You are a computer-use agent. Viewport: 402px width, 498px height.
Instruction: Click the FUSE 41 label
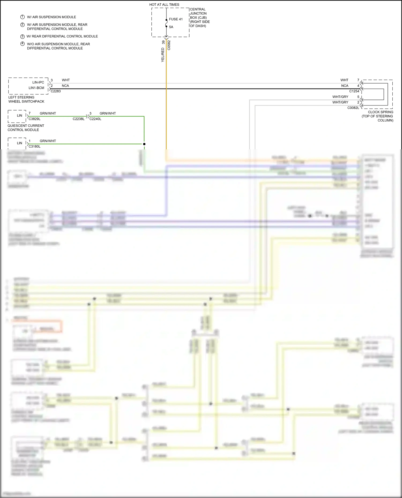pos(176,19)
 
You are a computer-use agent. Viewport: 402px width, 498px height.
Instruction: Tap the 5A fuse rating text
pos(171,27)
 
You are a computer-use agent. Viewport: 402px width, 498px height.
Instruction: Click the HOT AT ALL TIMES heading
pos(164,5)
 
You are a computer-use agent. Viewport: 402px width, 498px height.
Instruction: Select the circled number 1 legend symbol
pos(23,17)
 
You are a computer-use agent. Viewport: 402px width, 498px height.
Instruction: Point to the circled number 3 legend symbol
pos(23,36)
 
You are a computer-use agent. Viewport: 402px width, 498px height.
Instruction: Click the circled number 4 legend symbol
pos(23,44)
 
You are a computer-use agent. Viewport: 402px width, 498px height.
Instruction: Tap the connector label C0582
pos(169,45)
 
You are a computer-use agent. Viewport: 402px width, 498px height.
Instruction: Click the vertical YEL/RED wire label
pos(163,55)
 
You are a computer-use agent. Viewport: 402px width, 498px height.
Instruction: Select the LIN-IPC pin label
pos(38,82)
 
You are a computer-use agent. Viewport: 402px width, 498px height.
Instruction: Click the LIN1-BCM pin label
pos(36,88)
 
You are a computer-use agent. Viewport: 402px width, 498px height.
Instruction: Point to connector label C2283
pos(56,91)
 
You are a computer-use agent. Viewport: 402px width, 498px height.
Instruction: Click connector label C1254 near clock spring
pos(354,91)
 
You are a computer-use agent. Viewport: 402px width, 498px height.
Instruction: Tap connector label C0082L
pos(353,108)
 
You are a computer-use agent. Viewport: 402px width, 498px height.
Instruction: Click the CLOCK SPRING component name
pos(380,112)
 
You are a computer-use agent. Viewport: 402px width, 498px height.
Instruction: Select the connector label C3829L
pos(35,119)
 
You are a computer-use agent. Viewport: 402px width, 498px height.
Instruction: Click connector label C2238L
pos(79,119)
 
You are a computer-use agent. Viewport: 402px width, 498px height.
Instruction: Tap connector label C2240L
pos(95,119)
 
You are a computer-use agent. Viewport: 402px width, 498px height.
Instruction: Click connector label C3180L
pos(35,147)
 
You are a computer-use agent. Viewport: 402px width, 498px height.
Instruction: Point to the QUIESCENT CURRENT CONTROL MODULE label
pos(26,128)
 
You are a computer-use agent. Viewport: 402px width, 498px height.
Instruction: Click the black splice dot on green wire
pos(144,144)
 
